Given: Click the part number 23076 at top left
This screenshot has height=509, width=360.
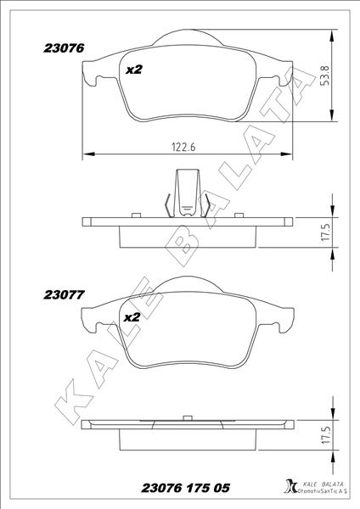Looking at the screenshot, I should pos(64,50).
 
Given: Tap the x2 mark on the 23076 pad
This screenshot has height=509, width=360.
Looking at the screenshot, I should pos(133,70).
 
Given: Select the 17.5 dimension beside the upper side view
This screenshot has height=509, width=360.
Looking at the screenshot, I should pos(324,230).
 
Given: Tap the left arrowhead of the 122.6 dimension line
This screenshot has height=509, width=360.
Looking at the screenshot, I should pos(86,154).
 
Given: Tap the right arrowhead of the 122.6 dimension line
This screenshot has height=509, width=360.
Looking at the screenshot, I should pos(292,154).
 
